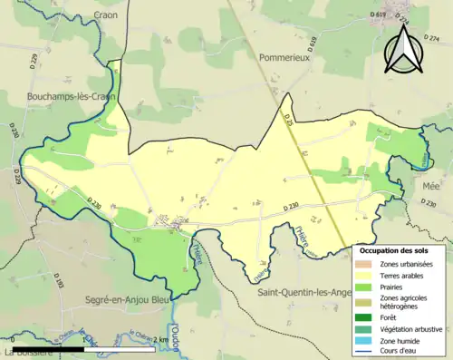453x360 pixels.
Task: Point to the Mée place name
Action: click(432, 183)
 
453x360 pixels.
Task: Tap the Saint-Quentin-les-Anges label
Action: click(304, 292)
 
